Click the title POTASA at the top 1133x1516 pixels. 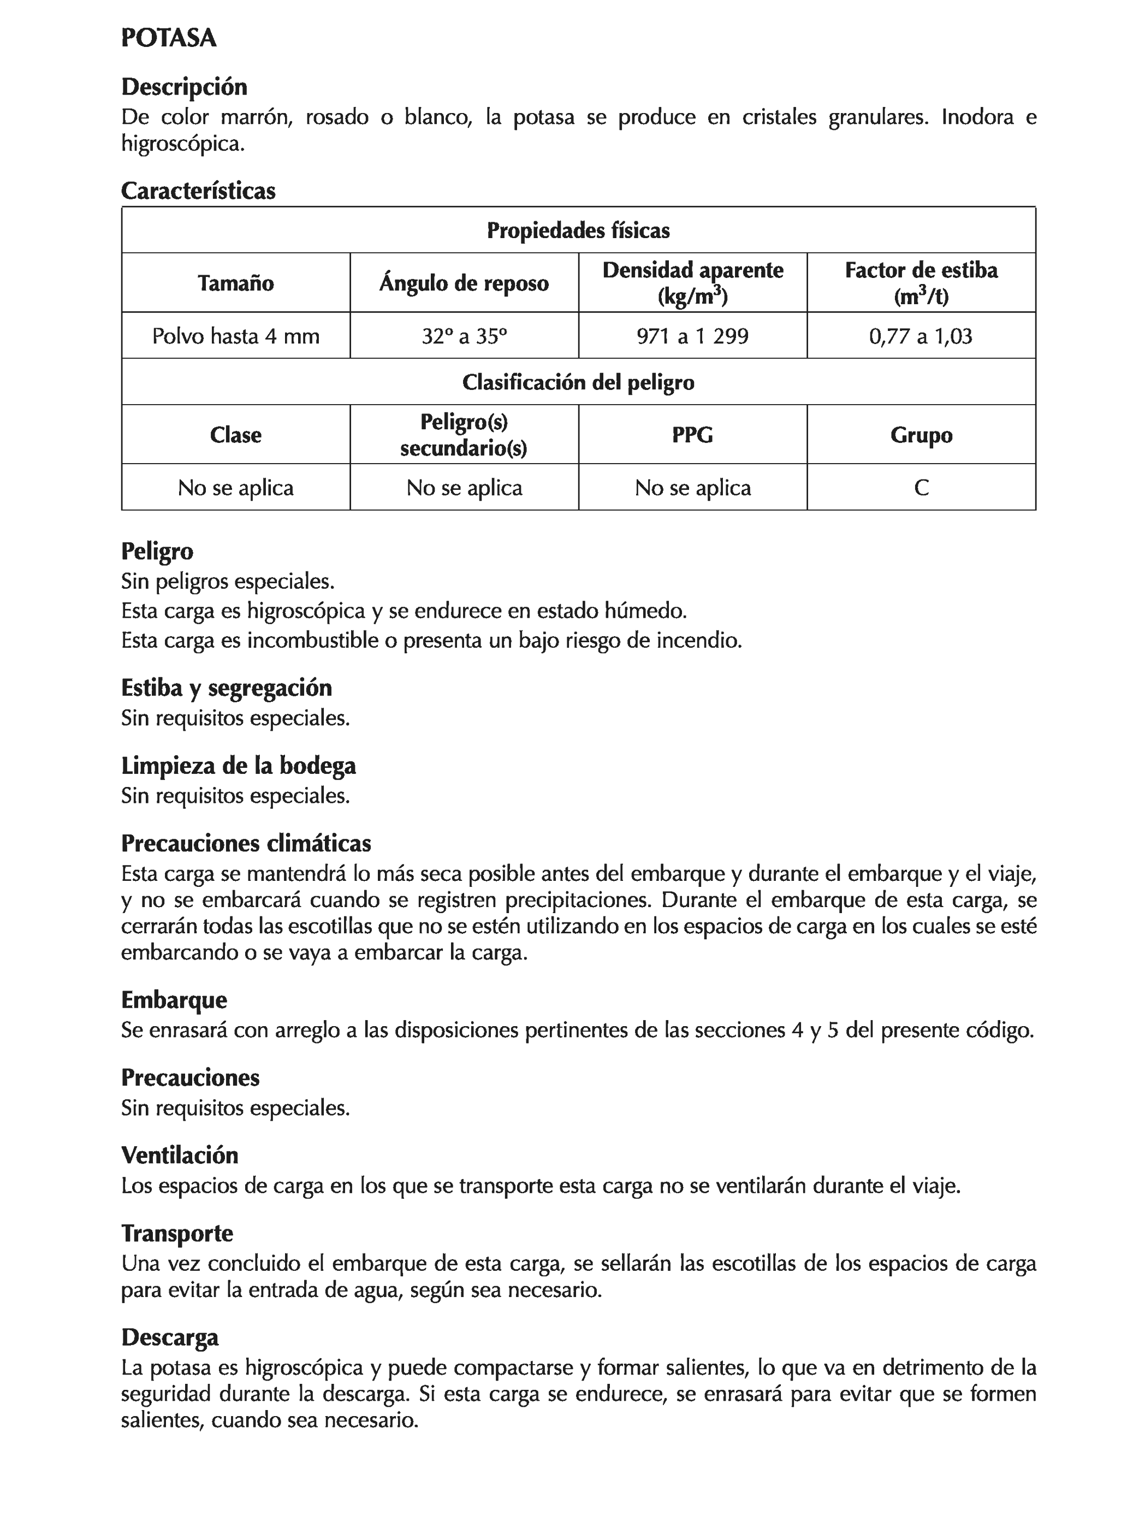(x=169, y=38)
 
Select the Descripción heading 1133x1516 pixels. (x=183, y=87)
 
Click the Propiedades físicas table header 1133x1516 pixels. (x=578, y=230)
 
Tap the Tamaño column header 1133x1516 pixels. (x=235, y=283)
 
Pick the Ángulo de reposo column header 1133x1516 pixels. (x=464, y=283)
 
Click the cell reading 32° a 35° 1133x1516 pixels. (x=464, y=336)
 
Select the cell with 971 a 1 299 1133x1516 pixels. (x=692, y=336)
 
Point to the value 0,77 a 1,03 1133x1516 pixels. (x=921, y=336)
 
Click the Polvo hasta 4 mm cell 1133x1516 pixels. (x=235, y=336)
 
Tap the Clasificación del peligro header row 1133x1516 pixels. (x=578, y=382)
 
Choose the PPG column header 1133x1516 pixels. (x=692, y=435)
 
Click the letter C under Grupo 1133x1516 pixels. (x=921, y=487)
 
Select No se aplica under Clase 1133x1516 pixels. (x=235, y=487)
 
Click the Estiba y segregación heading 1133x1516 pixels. (x=226, y=688)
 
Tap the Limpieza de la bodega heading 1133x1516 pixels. (x=238, y=766)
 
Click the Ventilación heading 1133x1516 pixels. (x=180, y=1156)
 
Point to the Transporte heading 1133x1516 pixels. (x=177, y=1234)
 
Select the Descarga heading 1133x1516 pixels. (x=170, y=1337)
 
